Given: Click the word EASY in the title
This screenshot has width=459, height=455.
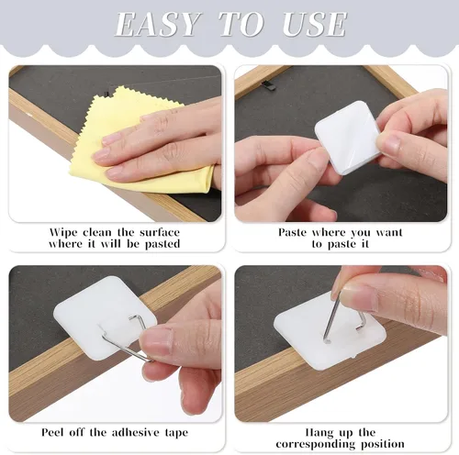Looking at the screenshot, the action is pos(157,24).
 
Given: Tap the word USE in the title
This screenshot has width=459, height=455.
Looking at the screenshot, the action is pos(315,24).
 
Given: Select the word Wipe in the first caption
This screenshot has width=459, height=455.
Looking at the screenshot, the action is pos(63,233).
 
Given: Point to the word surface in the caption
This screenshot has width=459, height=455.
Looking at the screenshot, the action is pos(160,233).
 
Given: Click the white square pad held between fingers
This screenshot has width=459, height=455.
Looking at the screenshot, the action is pos(347,138).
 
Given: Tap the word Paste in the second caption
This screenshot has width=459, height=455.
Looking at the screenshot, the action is pos(292,233).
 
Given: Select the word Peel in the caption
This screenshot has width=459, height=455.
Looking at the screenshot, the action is pos(53,432).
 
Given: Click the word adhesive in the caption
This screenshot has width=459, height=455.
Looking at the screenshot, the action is pos(135,432).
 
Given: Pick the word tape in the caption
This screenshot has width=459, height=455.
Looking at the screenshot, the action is pos(176,433).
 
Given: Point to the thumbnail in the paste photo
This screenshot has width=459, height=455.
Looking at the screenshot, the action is pos(388,143).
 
